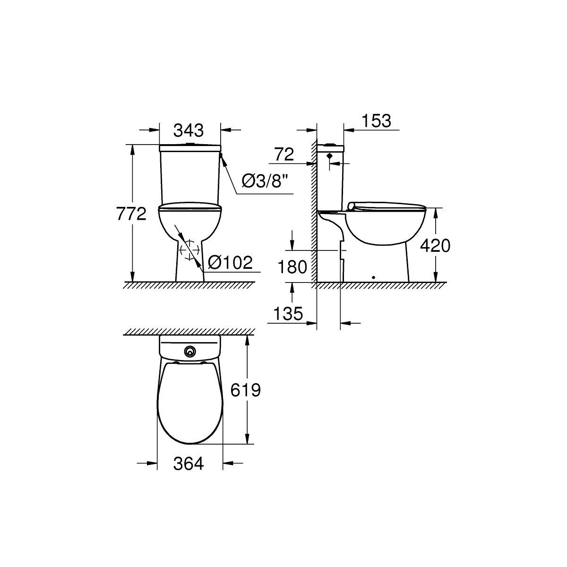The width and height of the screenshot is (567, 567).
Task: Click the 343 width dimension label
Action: pyautogui.click(x=189, y=130)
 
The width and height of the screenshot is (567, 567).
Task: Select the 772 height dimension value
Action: pyautogui.click(x=131, y=214)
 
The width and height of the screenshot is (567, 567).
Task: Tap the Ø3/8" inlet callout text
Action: pyautogui.click(x=264, y=180)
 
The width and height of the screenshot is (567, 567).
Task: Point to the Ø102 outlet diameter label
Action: pyautogui.click(x=230, y=262)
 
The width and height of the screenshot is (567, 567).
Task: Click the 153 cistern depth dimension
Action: pyautogui.click(x=376, y=121)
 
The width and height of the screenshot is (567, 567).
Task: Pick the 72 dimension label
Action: pyautogui.click(x=284, y=154)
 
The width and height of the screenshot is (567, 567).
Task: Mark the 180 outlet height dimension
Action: pyautogui.click(x=292, y=267)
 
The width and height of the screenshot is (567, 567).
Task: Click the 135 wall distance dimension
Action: pyautogui.click(x=288, y=313)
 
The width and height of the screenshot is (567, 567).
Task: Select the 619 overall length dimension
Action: pyautogui.click(x=245, y=390)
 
